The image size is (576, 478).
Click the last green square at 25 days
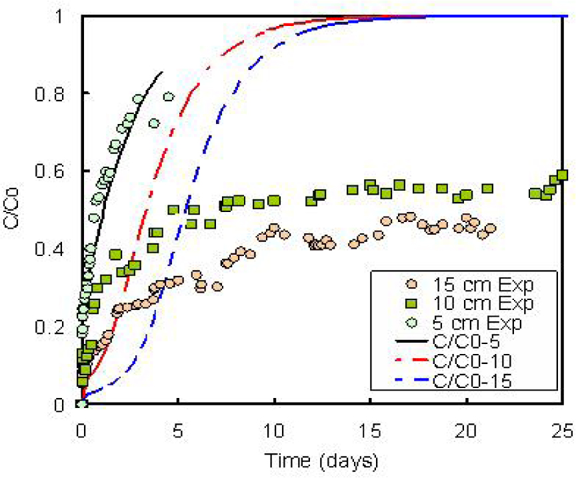(563, 175)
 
